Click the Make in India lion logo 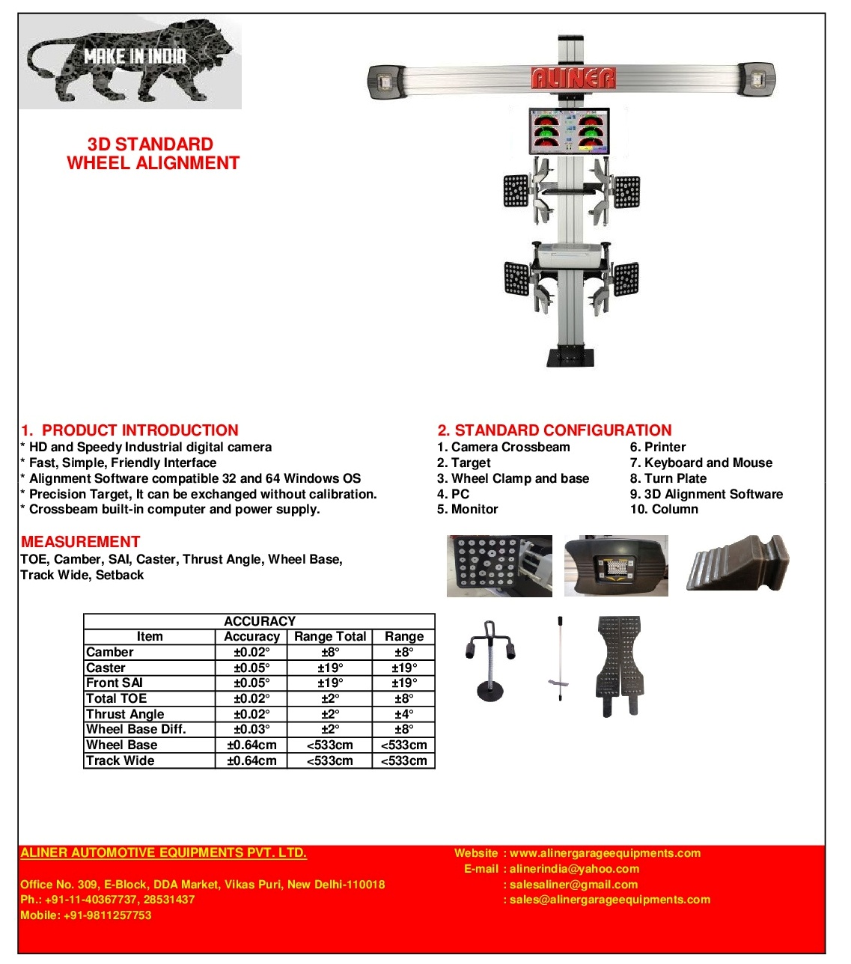click(129, 64)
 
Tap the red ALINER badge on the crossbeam click(573, 78)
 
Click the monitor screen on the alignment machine click(569, 132)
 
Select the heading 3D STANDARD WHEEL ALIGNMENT click(152, 153)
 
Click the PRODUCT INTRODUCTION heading click(129, 430)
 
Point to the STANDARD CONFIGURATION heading click(555, 430)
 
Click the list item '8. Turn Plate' click(668, 478)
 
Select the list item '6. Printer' click(658, 447)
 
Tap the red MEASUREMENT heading click(80, 542)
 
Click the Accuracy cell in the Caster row click(251, 668)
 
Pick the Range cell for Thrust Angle click(404, 714)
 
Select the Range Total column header click(330, 636)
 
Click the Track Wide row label click(120, 760)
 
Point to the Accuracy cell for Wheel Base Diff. click(251, 729)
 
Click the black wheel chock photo click(737, 565)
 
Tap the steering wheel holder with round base click(490, 660)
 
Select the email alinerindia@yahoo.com click(574, 869)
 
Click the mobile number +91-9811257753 click(85, 915)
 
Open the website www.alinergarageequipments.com click(605, 853)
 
